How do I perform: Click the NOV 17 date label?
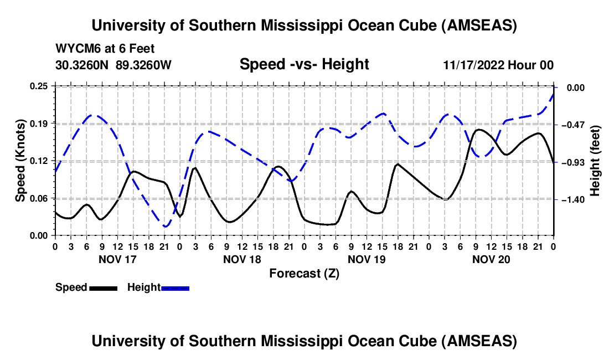117,259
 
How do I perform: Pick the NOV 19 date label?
366,259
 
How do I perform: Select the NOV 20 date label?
491,259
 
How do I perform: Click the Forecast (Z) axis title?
304,273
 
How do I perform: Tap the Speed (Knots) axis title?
20,161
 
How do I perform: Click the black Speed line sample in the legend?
102,287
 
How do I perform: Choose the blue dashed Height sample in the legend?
175,287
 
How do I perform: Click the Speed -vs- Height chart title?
304,64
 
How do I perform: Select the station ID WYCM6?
76,48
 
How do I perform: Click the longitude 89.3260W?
144,65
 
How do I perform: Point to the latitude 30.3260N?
82,65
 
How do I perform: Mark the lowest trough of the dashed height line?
165,227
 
